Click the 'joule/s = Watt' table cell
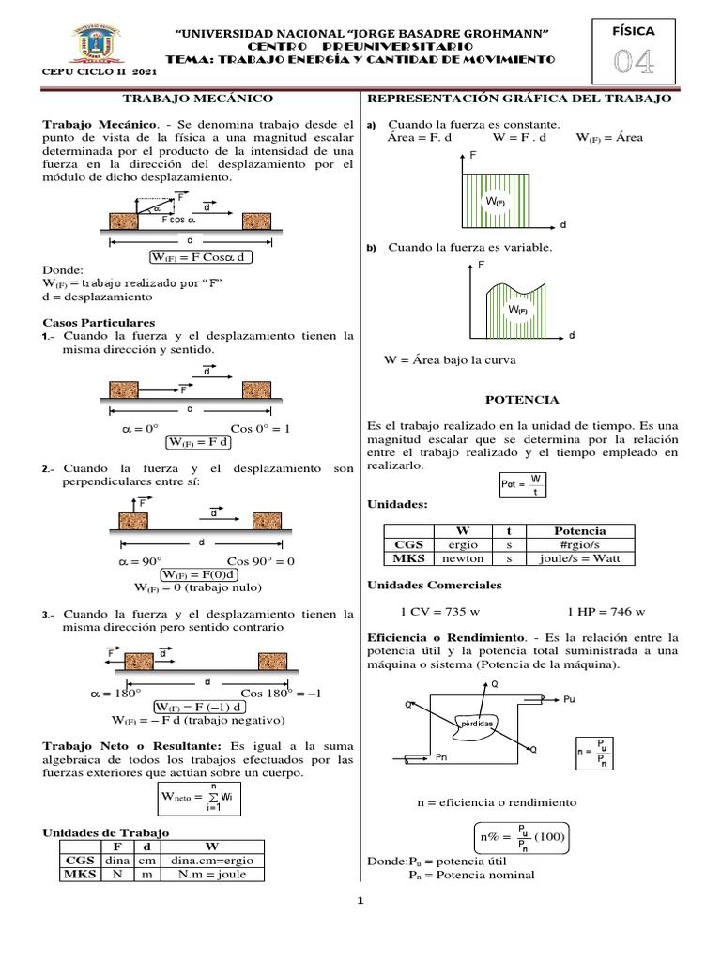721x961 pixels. click(x=579, y=557)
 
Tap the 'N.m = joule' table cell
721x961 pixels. click(x=214, y=874)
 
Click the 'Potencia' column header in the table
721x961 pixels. click(x=579, y=530)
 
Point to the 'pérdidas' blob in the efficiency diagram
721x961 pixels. click(x=479, y=725)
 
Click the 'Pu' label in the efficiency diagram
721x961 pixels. click(x=570, y=700)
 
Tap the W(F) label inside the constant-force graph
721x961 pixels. click(x=495, y=201)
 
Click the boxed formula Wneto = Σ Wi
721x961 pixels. click(x=199, y=798)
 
